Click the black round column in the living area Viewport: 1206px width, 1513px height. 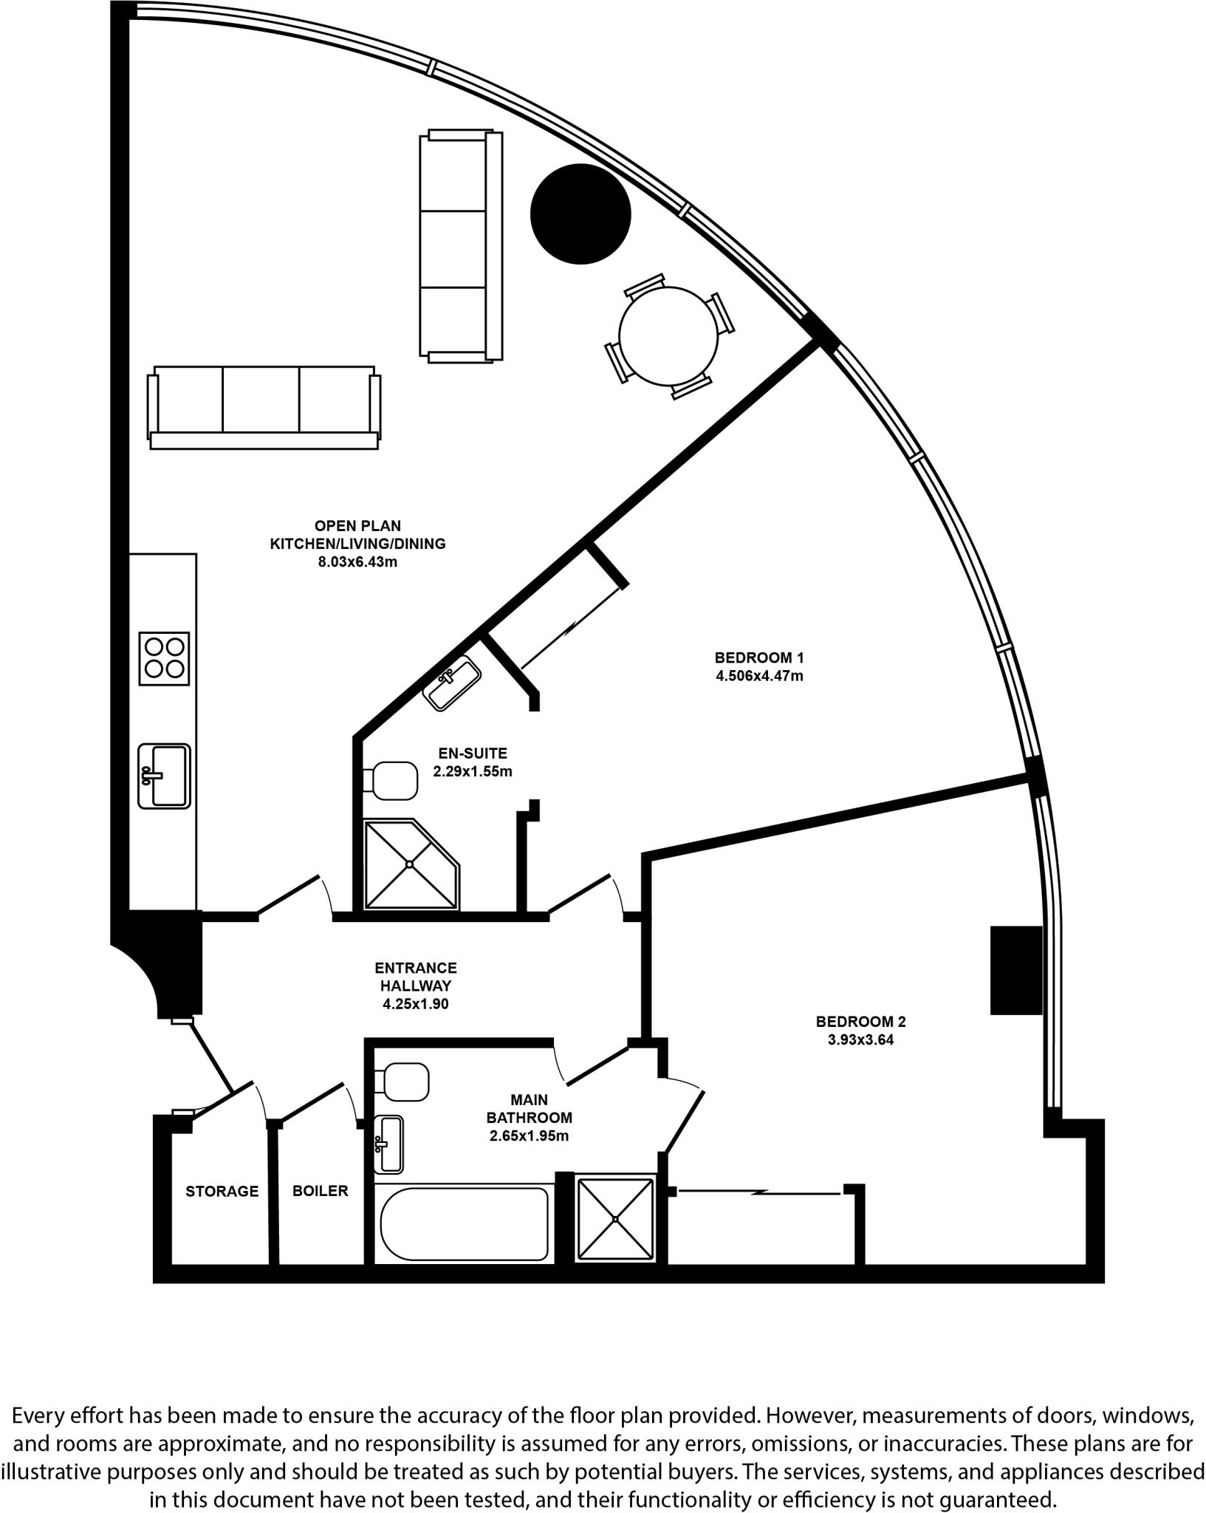tap(580, 213)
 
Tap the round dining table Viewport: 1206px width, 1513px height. tap(668, 336)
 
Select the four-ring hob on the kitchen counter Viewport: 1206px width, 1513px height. tap(164, 658)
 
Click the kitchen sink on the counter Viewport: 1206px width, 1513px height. tap(164, 776)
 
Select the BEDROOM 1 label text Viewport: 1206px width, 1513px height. tap(758, 658)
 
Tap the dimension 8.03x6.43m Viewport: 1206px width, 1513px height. tap(357, 562)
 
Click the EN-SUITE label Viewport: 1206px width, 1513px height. tap(473, 754)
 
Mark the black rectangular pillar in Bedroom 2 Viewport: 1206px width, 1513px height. tap(1015, 970)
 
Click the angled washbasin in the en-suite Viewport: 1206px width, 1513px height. tap(451, 683)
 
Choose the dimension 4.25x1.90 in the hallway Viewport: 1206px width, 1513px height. tap(415, 1004)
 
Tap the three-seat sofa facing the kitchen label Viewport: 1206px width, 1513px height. tap(264, 408)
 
